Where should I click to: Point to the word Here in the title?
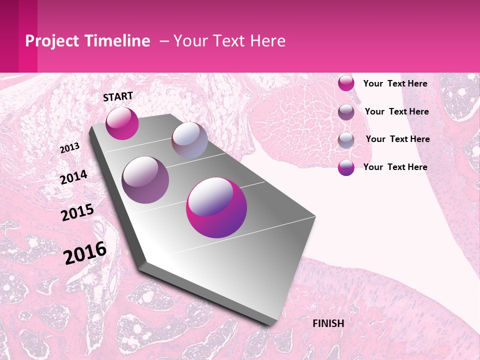click(267, 41)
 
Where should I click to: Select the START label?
click(118, 96)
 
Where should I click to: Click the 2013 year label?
click(70, 148)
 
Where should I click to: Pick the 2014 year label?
click(74, 177)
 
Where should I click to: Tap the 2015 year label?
click(77, 212)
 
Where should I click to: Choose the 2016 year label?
click(85, 253)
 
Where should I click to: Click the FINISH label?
click(328, 323)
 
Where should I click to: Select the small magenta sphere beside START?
click(122, 123)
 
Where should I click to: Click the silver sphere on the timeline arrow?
click(189, 140)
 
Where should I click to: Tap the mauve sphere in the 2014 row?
click(145, 180)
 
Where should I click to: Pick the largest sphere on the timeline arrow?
click(216, 208)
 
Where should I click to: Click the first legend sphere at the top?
click(346, 83)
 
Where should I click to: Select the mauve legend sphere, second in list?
click(346, 112)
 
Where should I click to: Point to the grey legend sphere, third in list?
click(346, 140)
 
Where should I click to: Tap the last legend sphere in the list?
click(346, 167)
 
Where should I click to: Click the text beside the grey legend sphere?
click(397, 139)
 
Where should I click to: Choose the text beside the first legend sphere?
click(395, 83)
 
